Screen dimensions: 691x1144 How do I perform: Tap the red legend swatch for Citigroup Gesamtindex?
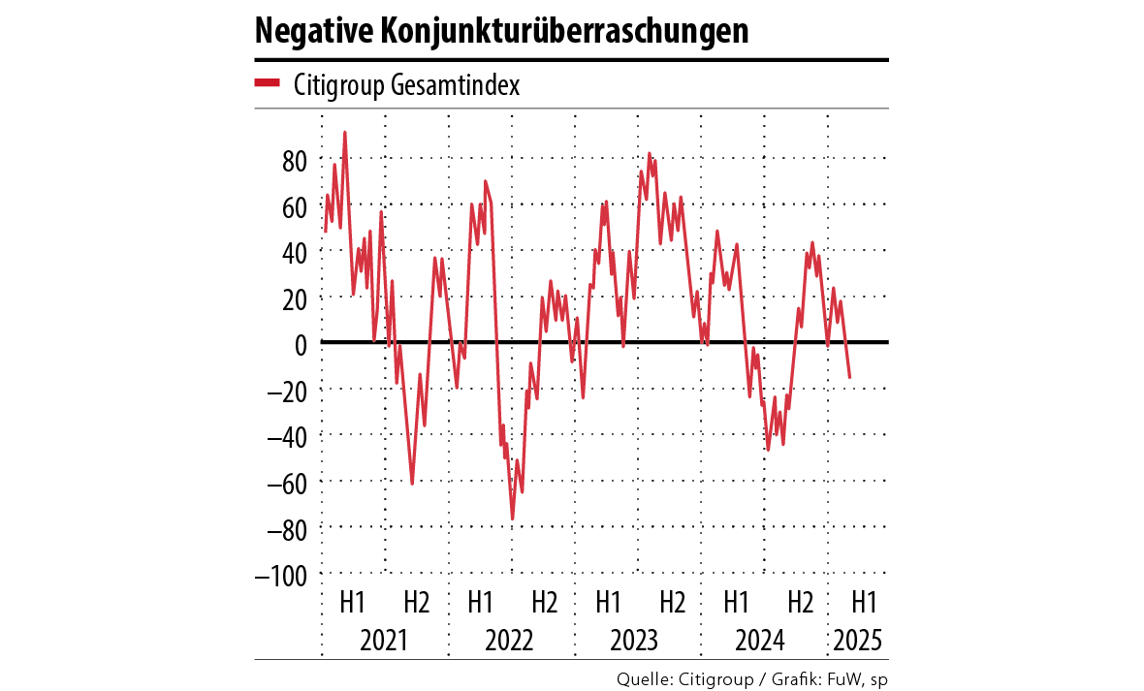click(x=267, y=84)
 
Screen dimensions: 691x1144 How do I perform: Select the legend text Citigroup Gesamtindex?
click(x=406, y=85)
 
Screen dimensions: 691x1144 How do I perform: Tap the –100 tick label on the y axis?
click(x=281, y=574)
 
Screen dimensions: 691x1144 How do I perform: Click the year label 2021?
click(x=383, y=641)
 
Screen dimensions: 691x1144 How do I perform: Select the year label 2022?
click(x=510, y=641)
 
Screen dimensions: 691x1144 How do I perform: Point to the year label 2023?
click(x=636, y=641)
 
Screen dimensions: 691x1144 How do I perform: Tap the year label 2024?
click(x=762, y=641)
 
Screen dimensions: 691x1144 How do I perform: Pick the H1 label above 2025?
click(x=864, y=602)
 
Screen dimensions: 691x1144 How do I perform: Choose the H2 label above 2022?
click(x=544, y=602)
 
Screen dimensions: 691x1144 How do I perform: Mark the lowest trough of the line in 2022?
click(x=513, y=518)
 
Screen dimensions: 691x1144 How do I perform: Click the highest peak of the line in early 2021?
click(x=345, y=133)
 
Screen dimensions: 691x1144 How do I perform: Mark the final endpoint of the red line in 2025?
click(x=850, y=377)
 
